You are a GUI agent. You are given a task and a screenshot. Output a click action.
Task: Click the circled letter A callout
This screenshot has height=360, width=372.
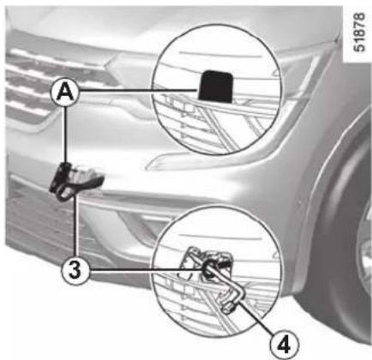66,93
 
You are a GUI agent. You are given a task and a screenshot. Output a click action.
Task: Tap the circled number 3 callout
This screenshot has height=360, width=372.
75,270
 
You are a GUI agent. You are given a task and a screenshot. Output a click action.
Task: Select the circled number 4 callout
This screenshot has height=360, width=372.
284,345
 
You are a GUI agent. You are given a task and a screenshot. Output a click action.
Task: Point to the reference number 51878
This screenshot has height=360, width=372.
359,32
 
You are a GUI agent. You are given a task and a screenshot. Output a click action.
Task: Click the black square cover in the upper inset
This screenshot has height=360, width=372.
216,86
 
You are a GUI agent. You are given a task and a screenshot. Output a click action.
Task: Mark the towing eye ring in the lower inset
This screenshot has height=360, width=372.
208,270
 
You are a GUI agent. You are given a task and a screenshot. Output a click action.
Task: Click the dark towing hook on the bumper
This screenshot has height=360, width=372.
75,181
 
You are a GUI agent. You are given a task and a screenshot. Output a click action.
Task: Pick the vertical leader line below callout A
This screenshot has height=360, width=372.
66,135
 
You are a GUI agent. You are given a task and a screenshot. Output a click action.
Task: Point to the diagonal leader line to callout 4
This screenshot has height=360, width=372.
257,318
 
